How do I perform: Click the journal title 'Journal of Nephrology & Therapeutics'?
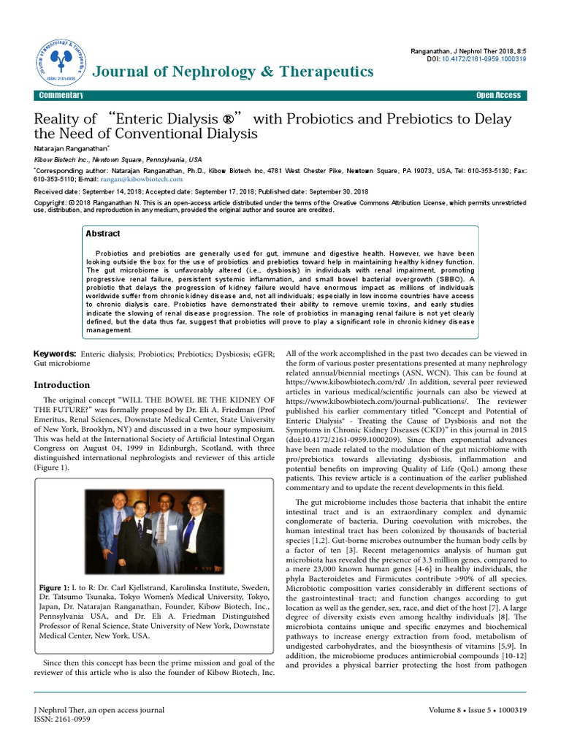(232, 71)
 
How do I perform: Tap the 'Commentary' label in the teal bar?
(61, 96)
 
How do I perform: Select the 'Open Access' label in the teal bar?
(498, 96)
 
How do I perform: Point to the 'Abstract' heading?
(103, 234)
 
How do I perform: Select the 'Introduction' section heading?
(63, 385)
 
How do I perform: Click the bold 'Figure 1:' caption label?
(52, 587)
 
